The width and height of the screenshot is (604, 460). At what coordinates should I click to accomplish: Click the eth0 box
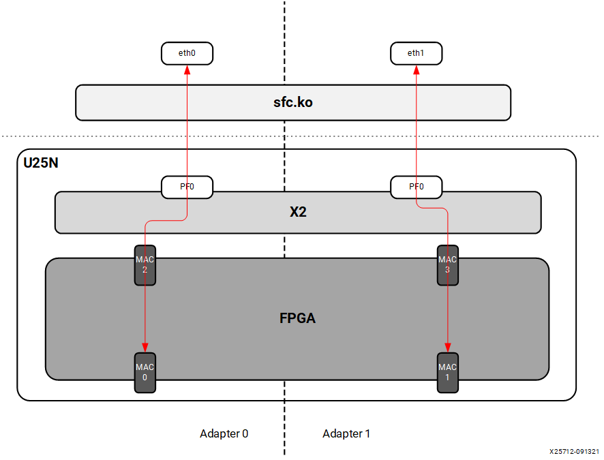click(x=187, y=53)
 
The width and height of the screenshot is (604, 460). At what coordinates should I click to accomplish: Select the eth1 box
click(x=416, y=53)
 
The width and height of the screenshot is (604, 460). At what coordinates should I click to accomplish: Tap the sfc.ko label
click(x=292, y=103)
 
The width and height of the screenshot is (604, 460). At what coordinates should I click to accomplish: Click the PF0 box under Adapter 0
click(x=187, y=187)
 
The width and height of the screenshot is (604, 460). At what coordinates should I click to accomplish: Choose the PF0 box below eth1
click(x=416, y=187)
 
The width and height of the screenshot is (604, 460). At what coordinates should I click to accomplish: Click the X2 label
click(x=298, y=212)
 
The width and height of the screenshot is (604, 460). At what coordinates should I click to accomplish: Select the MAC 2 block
click(x=145, y=264)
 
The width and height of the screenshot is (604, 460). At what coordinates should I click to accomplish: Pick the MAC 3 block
click(x=447, y=264)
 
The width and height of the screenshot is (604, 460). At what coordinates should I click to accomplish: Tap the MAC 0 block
click(x=145, y=373)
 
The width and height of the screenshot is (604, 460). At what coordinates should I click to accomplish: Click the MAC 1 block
click(x=447, y=373)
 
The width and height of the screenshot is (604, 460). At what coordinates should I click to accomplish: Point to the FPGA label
click(x=297, y=318)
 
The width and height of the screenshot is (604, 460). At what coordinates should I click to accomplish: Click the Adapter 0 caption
click(x=224, y=433)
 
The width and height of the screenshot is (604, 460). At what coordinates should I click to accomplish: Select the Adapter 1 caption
click(x=346, y=433)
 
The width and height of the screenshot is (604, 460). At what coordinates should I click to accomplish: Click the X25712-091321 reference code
click(x=574, y=451)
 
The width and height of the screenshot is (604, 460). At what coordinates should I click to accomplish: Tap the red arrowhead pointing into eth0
click(x=187, y=69)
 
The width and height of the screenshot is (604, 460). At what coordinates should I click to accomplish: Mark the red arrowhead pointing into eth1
click(x=416, y=69)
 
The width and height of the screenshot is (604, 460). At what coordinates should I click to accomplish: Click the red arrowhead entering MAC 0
click(x=145, y=348)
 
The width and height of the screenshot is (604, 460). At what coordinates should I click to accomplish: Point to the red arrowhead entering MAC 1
click(x=447, y=348)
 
